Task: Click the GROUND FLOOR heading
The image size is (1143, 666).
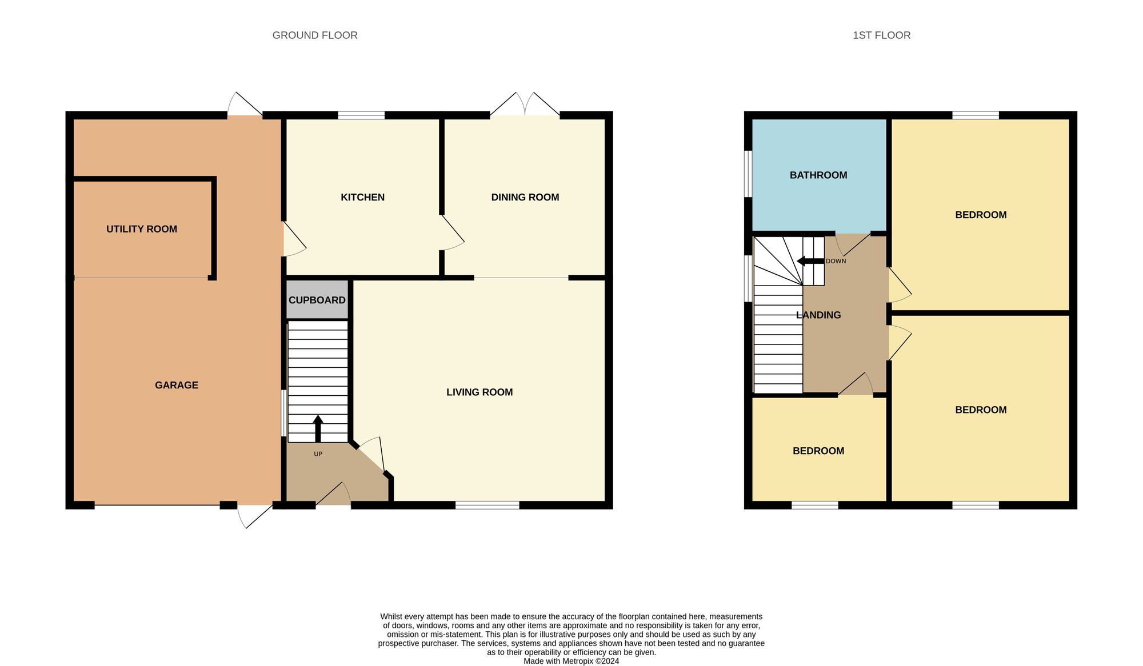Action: click(x=315, y=35)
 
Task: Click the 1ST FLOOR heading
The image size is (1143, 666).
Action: click(x=881, y=35)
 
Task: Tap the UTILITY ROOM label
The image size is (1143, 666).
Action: click(x=142, y=229)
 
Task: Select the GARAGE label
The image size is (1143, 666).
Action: click(x=177, y=385)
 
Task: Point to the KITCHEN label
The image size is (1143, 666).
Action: click(x=362, y=197)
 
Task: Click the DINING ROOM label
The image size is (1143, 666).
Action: click(x=525, y=197)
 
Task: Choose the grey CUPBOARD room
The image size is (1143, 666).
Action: click(x=317, y=300)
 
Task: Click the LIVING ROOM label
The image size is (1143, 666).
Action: click(x=479, y=392)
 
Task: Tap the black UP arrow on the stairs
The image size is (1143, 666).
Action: click(x=318, y=428)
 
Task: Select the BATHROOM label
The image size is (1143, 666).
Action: click(x=818, y=175)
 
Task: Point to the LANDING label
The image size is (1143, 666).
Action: click(x=818, y=315)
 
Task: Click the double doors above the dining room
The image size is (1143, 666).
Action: click(x=525, y=106)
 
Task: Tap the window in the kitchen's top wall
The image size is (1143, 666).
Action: click(x=361, y=115)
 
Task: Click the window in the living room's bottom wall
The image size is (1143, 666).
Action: click(x=487, y=505)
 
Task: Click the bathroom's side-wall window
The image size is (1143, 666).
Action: click(x=748, y=174)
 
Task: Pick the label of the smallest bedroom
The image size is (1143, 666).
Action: click(x=818, y=451)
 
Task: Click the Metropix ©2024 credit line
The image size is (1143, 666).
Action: click(x=571, y=661)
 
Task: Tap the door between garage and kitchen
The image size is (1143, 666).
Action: click(x=293, y=239)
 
